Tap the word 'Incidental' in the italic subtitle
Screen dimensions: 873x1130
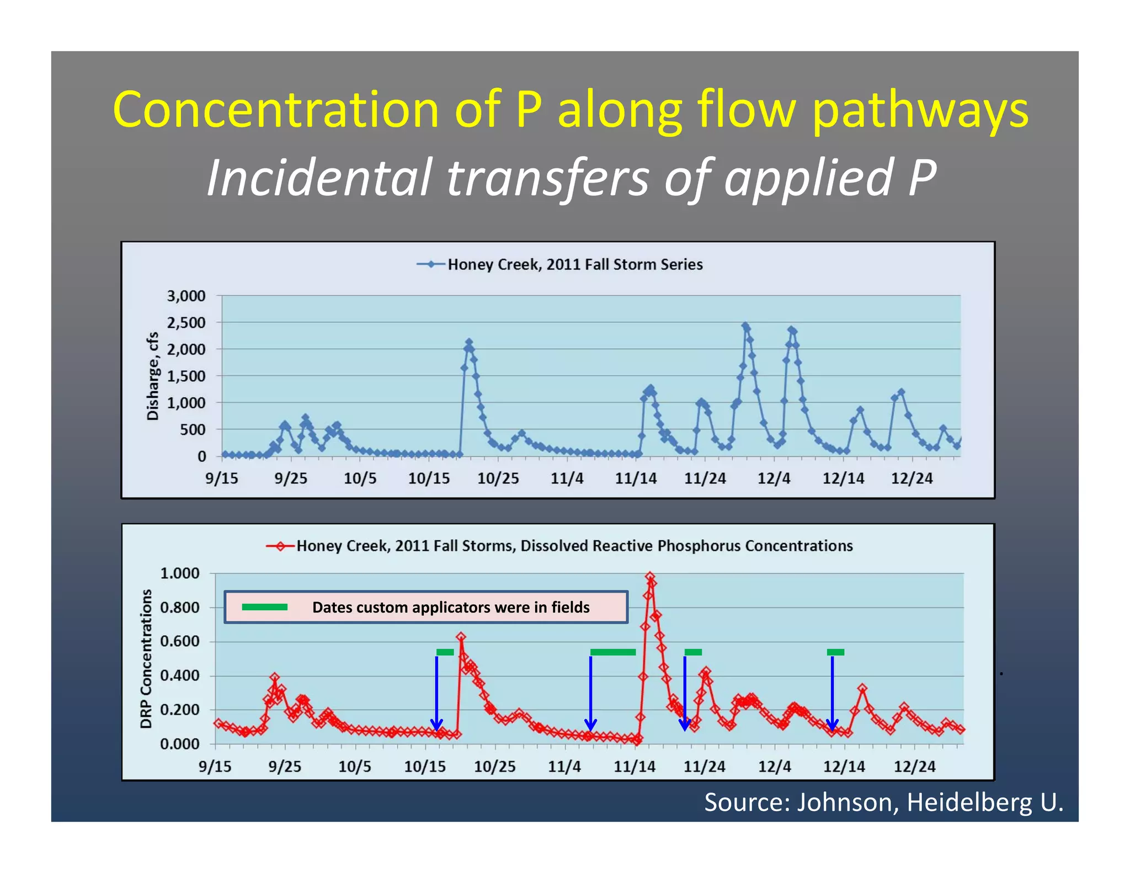[318, 177]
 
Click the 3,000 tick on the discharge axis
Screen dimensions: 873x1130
[186, 296]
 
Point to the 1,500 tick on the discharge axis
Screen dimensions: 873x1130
[186, 376]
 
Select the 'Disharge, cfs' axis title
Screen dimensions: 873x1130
[153, 376]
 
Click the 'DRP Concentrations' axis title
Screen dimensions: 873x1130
[146, 659]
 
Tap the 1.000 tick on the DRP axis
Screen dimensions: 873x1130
[179, 573]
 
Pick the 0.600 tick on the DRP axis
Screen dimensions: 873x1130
[179, 642]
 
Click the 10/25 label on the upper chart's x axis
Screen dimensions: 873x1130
[498, 478]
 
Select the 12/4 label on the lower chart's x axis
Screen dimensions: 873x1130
[774, 766]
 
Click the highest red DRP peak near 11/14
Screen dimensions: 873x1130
[650, 577]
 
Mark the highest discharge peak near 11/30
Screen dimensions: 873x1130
[745, 326]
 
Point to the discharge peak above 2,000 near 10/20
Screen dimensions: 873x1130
[469, 343]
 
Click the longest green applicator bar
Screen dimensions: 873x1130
[612, 652]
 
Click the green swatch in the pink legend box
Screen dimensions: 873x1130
[265, 607]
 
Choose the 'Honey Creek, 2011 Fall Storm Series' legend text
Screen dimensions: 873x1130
[574, 264]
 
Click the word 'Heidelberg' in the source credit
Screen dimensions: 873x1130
[969, 802]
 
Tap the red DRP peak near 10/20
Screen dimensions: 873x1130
[461, 637]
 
